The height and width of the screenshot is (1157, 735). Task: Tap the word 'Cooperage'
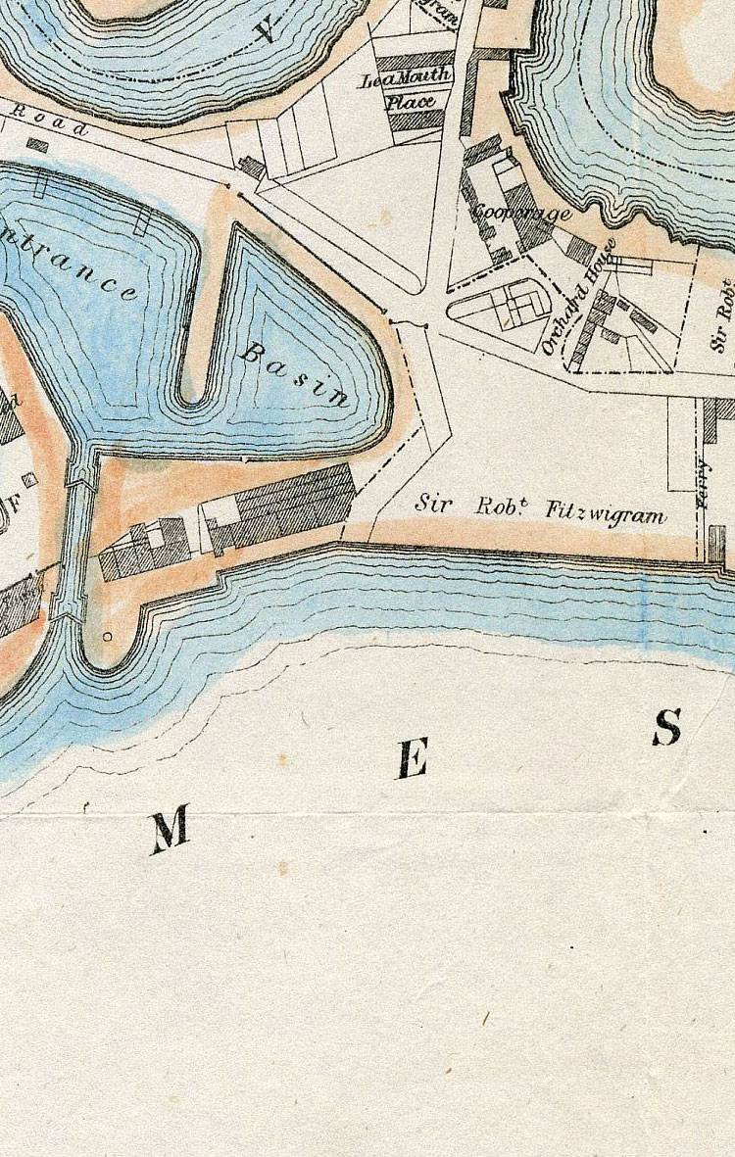[520, 212]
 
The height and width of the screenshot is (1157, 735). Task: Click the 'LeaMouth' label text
[407, 78]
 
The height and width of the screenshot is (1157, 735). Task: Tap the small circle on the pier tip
[107, 637]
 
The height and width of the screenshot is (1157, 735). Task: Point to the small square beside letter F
[29, 479]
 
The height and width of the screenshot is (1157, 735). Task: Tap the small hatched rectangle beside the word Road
[37, 145]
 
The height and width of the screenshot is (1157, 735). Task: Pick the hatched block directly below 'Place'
[416, 121]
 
